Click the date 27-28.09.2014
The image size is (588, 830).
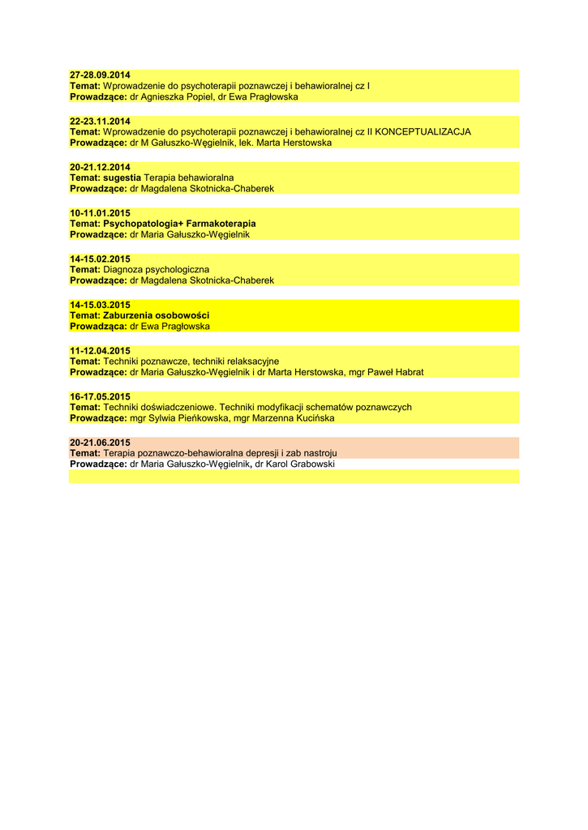[100, 75]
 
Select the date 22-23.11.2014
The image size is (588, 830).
[100, 121]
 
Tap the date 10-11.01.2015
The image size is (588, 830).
[100, 213]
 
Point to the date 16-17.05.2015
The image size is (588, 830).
[100, 397]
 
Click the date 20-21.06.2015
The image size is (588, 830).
[100, 443]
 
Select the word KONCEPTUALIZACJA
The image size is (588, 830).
[423, 131]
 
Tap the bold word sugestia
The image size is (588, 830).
[122, 178]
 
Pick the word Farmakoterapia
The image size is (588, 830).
[221, 224]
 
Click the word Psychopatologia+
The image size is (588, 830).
[144, 224]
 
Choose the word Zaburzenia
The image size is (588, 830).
[128, 315]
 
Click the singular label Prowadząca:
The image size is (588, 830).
[98, 327]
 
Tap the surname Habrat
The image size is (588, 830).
[406, 372]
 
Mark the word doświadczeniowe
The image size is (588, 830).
[179, 408]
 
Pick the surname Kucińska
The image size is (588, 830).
[311, 418]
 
